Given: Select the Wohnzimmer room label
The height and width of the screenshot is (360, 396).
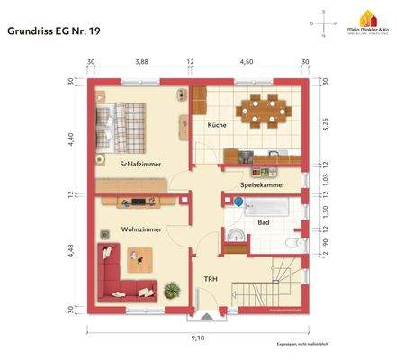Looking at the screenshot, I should click(x=141, y=230).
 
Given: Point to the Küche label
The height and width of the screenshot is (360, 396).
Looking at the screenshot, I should click(x=216, y=125).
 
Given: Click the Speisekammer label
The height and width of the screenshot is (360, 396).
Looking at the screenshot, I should click(x=262, y=184).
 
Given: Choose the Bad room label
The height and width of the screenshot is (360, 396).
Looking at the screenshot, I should click(x=263, y=221).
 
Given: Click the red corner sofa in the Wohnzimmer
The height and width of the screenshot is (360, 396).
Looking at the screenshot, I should click(x=121, y=274).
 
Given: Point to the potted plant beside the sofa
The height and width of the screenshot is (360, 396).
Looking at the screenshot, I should click(x=172, y=288).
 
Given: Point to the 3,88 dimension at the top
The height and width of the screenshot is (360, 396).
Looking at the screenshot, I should click(x=141, y=62).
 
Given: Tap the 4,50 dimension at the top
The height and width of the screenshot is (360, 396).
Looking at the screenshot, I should click(x=246, y=62).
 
